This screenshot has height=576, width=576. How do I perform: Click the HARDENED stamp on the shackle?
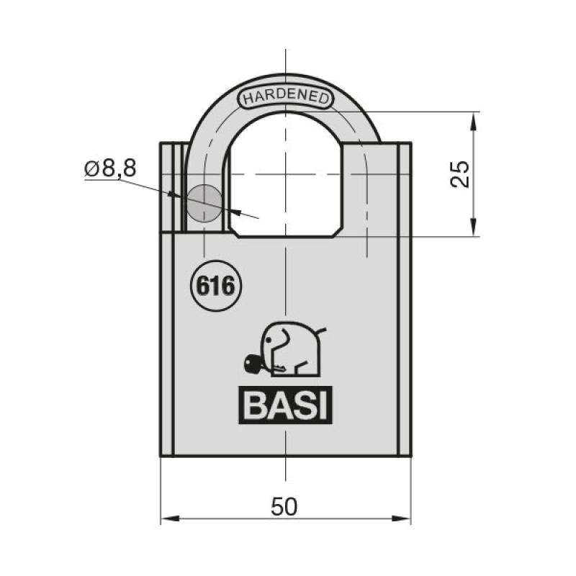[x=285, y=97]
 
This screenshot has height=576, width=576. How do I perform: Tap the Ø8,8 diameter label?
[x=110, y=168]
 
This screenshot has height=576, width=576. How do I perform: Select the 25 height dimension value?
[x=460, y=174]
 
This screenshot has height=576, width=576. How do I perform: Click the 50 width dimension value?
[x=284, y=507]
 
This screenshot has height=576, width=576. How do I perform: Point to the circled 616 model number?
[x=215, y=286]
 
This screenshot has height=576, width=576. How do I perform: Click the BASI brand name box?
[x=285, y=405]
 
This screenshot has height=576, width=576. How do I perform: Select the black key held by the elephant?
[x=254, y=363]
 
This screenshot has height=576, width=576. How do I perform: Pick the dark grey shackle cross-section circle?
[x=204, y=203]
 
